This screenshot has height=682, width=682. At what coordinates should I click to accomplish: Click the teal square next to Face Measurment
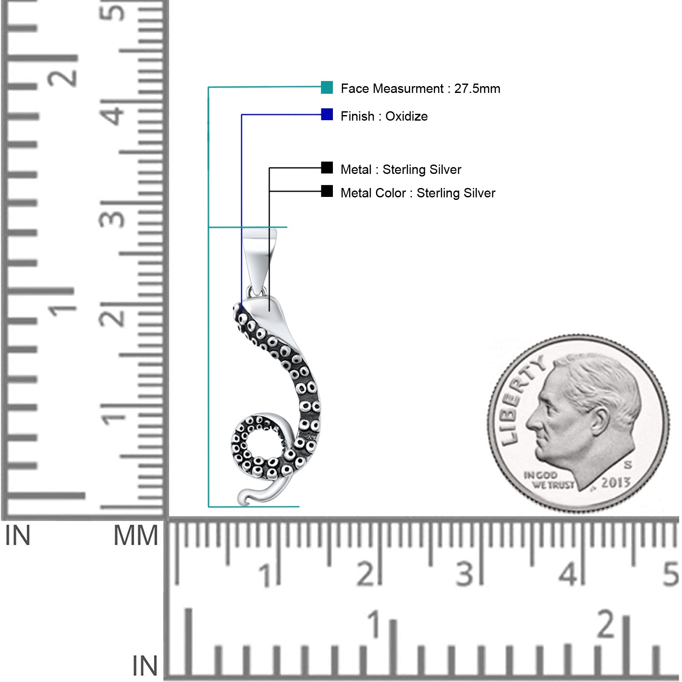pyautogui.click(x=327, y=87)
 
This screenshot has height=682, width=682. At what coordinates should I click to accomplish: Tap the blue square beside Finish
pyautogui.click(x=327, y=114)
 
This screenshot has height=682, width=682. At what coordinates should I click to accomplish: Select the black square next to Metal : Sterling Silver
pyautogui.click(x=327, y=168)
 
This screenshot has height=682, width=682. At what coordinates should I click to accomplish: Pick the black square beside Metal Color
pyautogui.click(x=327, y=191)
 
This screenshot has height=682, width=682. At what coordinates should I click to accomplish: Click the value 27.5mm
pyautogui.click(x=477, y=89)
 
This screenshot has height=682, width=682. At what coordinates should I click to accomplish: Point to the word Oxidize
pyautogui.click(x=406, y=116)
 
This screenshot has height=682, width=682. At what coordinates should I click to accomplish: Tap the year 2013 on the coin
pyautogui.click(x=616, y=483)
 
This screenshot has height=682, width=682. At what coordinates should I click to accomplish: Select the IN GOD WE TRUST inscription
pyautogui.click(x=549, y=480)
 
